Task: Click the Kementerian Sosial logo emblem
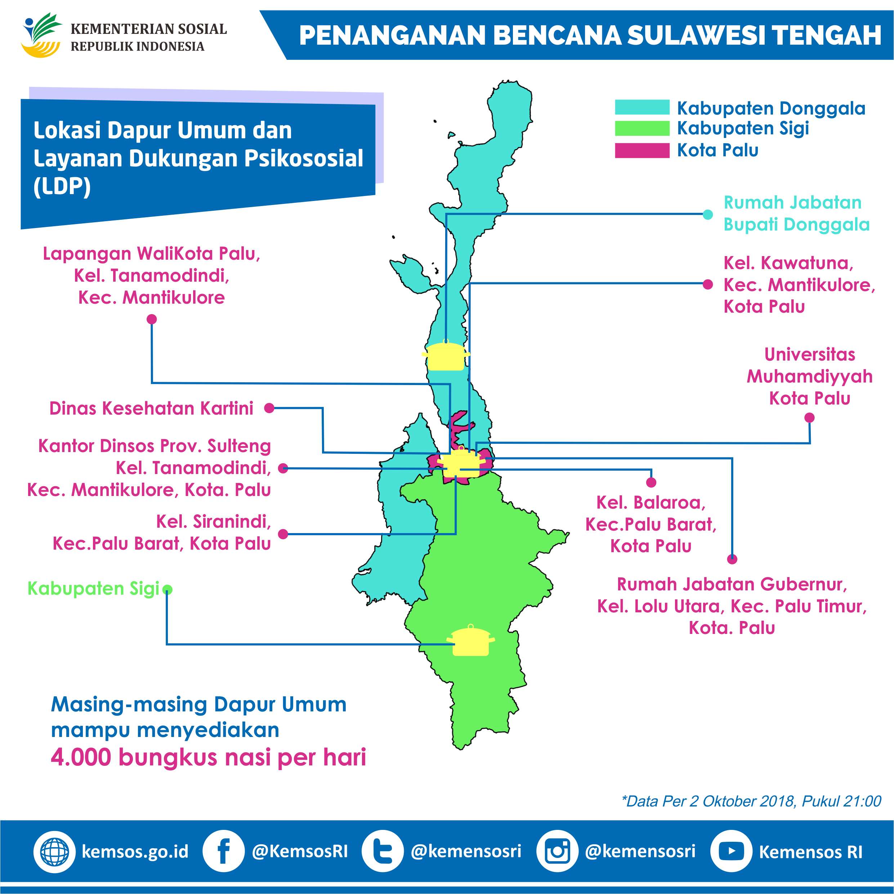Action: [x=41, y=35]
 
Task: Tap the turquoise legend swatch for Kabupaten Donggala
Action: [x=642, y=107]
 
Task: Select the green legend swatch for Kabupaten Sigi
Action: [x=642, y=128]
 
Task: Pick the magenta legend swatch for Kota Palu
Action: [x=642, y=151]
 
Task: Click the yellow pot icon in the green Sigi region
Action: [x=470, y=642]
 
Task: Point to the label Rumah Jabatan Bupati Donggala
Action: [x=796, y=213]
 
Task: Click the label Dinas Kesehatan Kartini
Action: [x=151, y=408]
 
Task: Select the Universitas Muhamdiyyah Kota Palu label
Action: [x=809, y=376]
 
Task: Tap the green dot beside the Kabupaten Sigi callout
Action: [x=167, y=590]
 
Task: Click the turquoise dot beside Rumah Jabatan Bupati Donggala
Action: [x=707, y=214]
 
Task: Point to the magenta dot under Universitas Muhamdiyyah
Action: [x=809, y=418]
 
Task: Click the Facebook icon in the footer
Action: [x=223, y=851]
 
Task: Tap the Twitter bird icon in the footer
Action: [x=382, y=851]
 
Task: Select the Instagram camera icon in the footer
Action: [x=557, y=851]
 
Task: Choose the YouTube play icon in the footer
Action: [x=731, y=851]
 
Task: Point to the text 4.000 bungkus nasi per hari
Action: [x=208, y=757]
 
